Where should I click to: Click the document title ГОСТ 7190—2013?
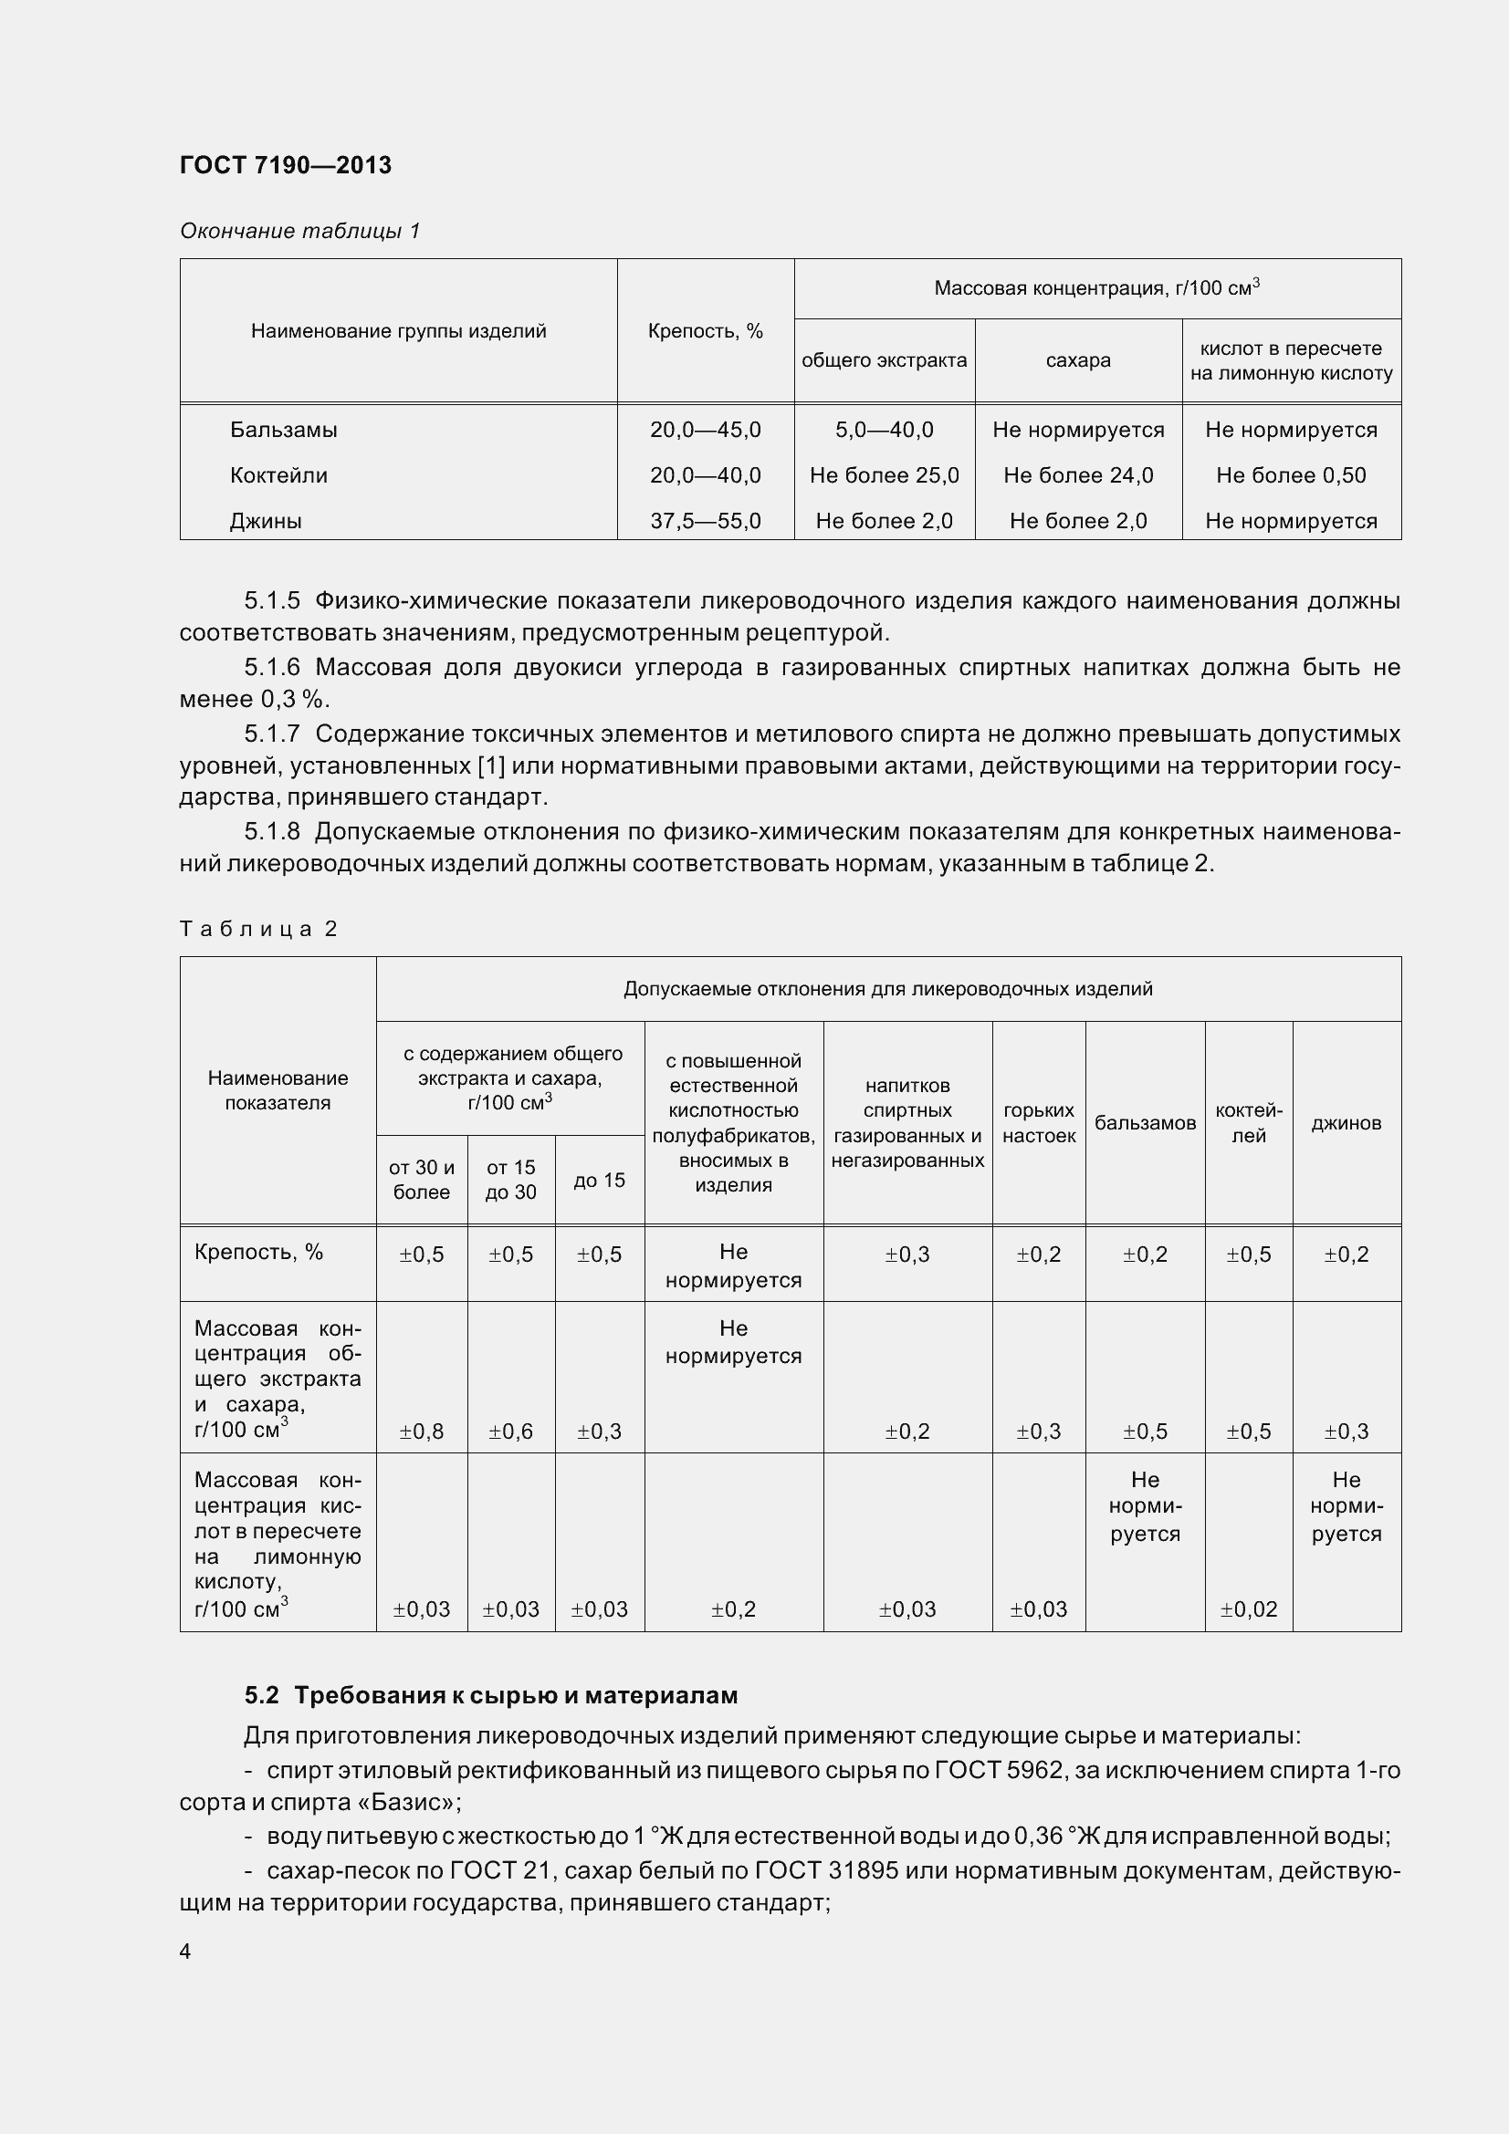click(x=286, y=165)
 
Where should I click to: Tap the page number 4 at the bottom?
click(x=185, y=1951)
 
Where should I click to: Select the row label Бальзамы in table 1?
click(x=284, y=430)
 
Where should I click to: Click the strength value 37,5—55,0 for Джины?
click(x=705, y=520)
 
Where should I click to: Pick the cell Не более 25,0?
click(x=884, y=475)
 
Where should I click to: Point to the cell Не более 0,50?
click(x=1291, y=475)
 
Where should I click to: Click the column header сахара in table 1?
click(x=1077, y=359)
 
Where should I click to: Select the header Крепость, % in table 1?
click(x=705, y=331)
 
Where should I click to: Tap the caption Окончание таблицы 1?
click(x=299, y=231)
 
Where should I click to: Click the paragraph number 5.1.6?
click(x=271, y=667)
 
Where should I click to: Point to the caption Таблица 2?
click(x=257, y=929)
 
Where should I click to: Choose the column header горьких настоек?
click(x=1039, y=1123)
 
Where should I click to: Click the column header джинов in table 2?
click(x=1346, y=1123)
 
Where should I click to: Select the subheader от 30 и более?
click(x=421, y=1180)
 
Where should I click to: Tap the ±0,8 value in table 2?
click(x=421, y=1431)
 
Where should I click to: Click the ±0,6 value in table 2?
click(x=510, y=1431)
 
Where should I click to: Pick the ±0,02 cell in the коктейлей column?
click(x=1248, y=1608)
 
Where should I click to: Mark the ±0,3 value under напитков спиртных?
click(x=906, y=1254)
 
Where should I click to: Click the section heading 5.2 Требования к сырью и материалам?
click(x=491, y=1695)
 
